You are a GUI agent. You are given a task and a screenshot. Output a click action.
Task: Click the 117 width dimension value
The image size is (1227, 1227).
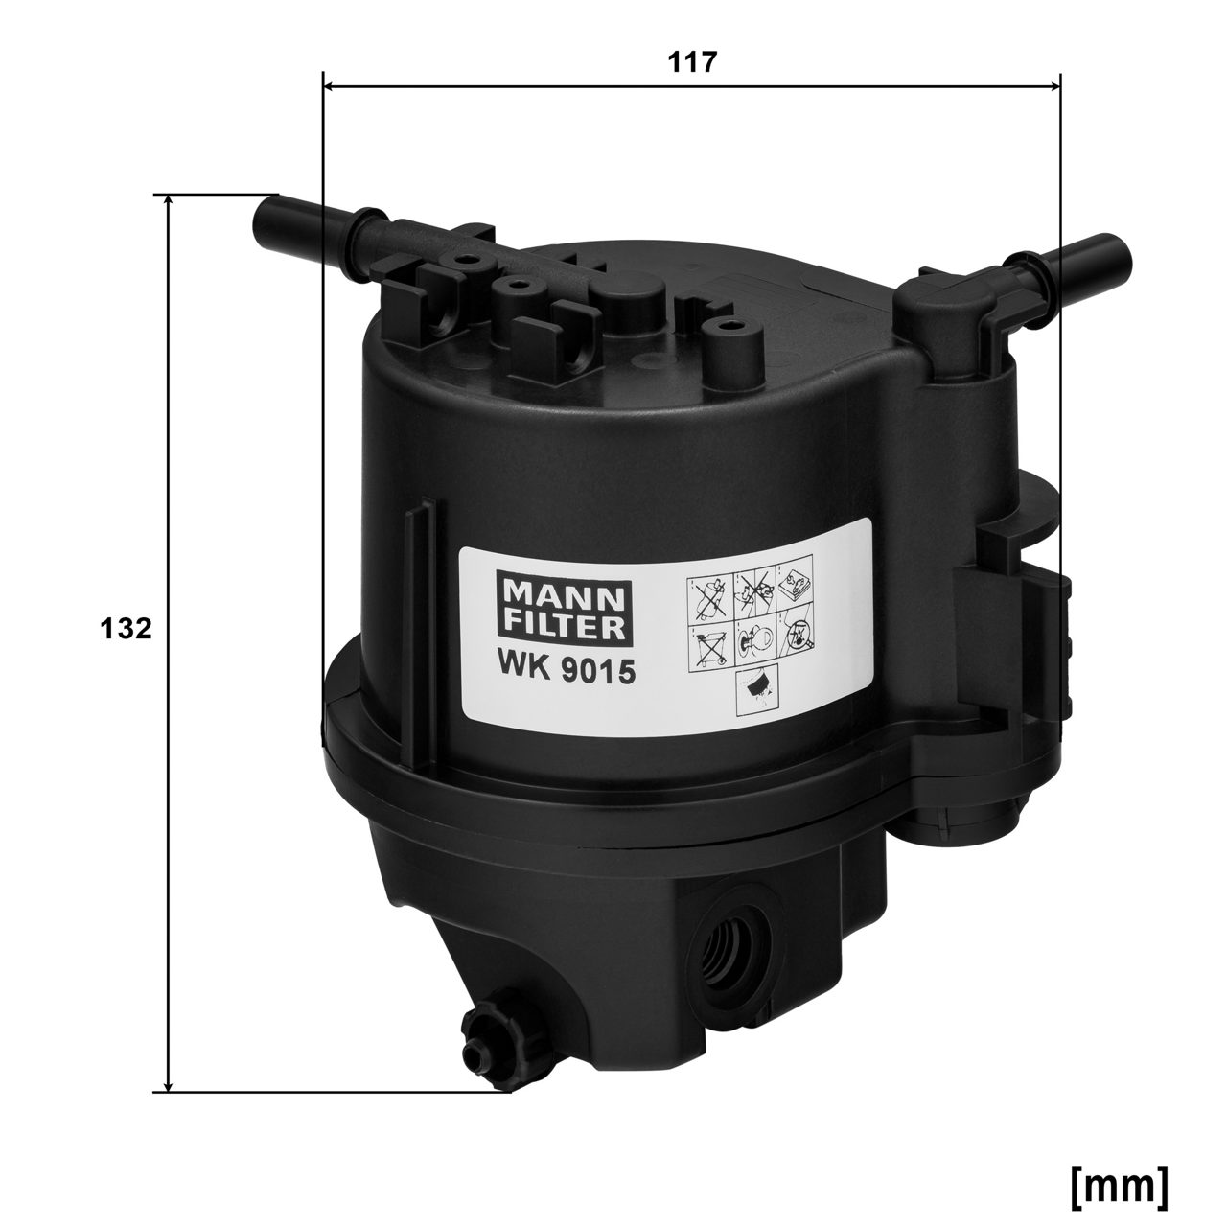click(x=691, y=62)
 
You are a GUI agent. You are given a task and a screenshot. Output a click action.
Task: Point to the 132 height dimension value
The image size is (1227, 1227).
click(x=126, y=629)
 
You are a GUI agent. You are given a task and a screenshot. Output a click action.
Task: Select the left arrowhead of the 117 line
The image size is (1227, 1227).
click(x=329, y=85)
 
